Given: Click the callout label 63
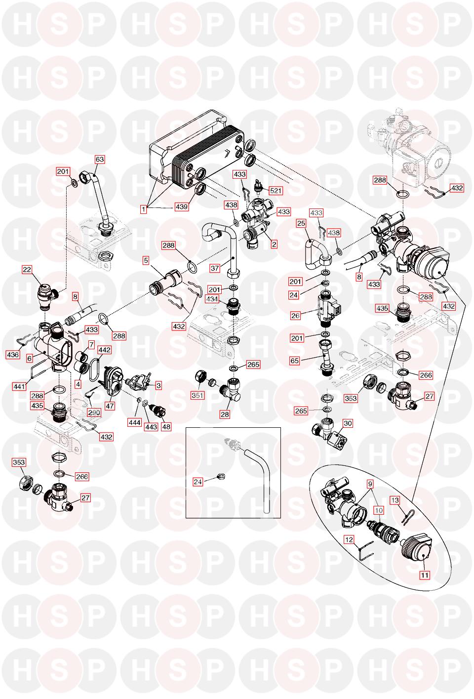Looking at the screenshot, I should coord(100,160).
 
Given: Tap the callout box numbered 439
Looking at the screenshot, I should coord(182,207).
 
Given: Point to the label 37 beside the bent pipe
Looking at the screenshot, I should coord(215,268).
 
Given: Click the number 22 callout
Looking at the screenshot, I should coord(27,269).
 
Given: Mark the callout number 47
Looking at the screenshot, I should coord(110,406).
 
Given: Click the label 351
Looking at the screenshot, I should coord(197,395).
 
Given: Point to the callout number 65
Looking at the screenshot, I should coord(295,361).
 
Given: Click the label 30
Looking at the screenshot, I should coord(348,423).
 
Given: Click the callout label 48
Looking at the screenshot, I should coord(166,426).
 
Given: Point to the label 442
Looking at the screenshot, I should coord(104,350).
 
